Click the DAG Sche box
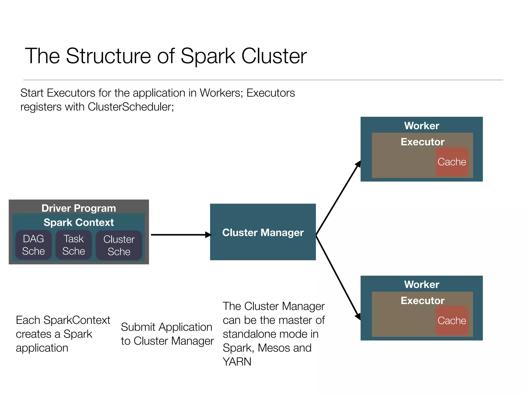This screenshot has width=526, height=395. tap(33, 245)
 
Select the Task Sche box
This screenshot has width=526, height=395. tap(74, 245)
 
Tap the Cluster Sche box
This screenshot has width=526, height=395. tap(119, 245)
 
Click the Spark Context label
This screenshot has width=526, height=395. tap(79, 222)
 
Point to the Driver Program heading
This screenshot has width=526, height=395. tap(79, 208)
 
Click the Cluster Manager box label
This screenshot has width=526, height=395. tap(263, 232)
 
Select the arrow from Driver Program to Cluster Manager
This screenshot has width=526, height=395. tap(180, 235)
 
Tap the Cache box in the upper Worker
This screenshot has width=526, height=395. tap(452, 162)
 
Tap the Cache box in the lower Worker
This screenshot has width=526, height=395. tap(452, 320)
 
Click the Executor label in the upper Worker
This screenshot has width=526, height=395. tap(422, 142)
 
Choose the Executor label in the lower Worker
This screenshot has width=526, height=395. tap(422, 300)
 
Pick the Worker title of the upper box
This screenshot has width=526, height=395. tap(421, 126)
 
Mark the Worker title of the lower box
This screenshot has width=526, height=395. tap(421, 284)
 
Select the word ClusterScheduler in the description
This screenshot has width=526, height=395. tap(130, 107)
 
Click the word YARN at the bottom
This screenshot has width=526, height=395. tap(237, 362)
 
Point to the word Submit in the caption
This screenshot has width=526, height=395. tap(138, 327)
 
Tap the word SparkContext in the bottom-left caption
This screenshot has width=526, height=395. tap(77, 320)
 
